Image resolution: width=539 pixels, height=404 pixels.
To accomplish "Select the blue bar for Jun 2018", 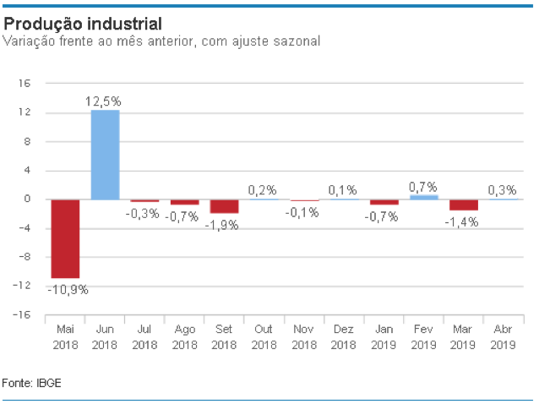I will [106, 155].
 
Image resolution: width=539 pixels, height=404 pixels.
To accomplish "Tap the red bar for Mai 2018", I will [65, 238].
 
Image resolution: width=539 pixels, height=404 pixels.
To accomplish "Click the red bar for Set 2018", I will [225, 206].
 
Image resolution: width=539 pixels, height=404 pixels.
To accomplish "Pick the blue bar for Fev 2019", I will [424, 197].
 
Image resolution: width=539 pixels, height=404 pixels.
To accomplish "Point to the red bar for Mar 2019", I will [464, 205].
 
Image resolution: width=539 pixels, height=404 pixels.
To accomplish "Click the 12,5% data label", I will [105, 101].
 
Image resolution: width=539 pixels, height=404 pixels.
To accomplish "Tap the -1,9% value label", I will [225, 224].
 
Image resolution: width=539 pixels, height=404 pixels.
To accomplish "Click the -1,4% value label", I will [464, 221].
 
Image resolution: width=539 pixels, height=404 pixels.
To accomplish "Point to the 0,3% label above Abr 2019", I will [504, 189].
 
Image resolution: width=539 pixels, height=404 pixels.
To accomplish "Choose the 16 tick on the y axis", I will [24, 84].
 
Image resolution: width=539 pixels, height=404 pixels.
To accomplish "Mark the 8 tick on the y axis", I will [27, 141].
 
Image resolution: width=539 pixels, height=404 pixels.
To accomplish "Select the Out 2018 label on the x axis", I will [264, 336].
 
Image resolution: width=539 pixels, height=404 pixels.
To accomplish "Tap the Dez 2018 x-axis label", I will [344, 336].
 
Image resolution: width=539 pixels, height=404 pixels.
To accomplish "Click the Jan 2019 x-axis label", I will [384, 336].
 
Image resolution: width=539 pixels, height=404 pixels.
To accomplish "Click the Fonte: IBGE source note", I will [32, 383].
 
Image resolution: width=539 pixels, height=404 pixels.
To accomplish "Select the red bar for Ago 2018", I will [185, 202].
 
